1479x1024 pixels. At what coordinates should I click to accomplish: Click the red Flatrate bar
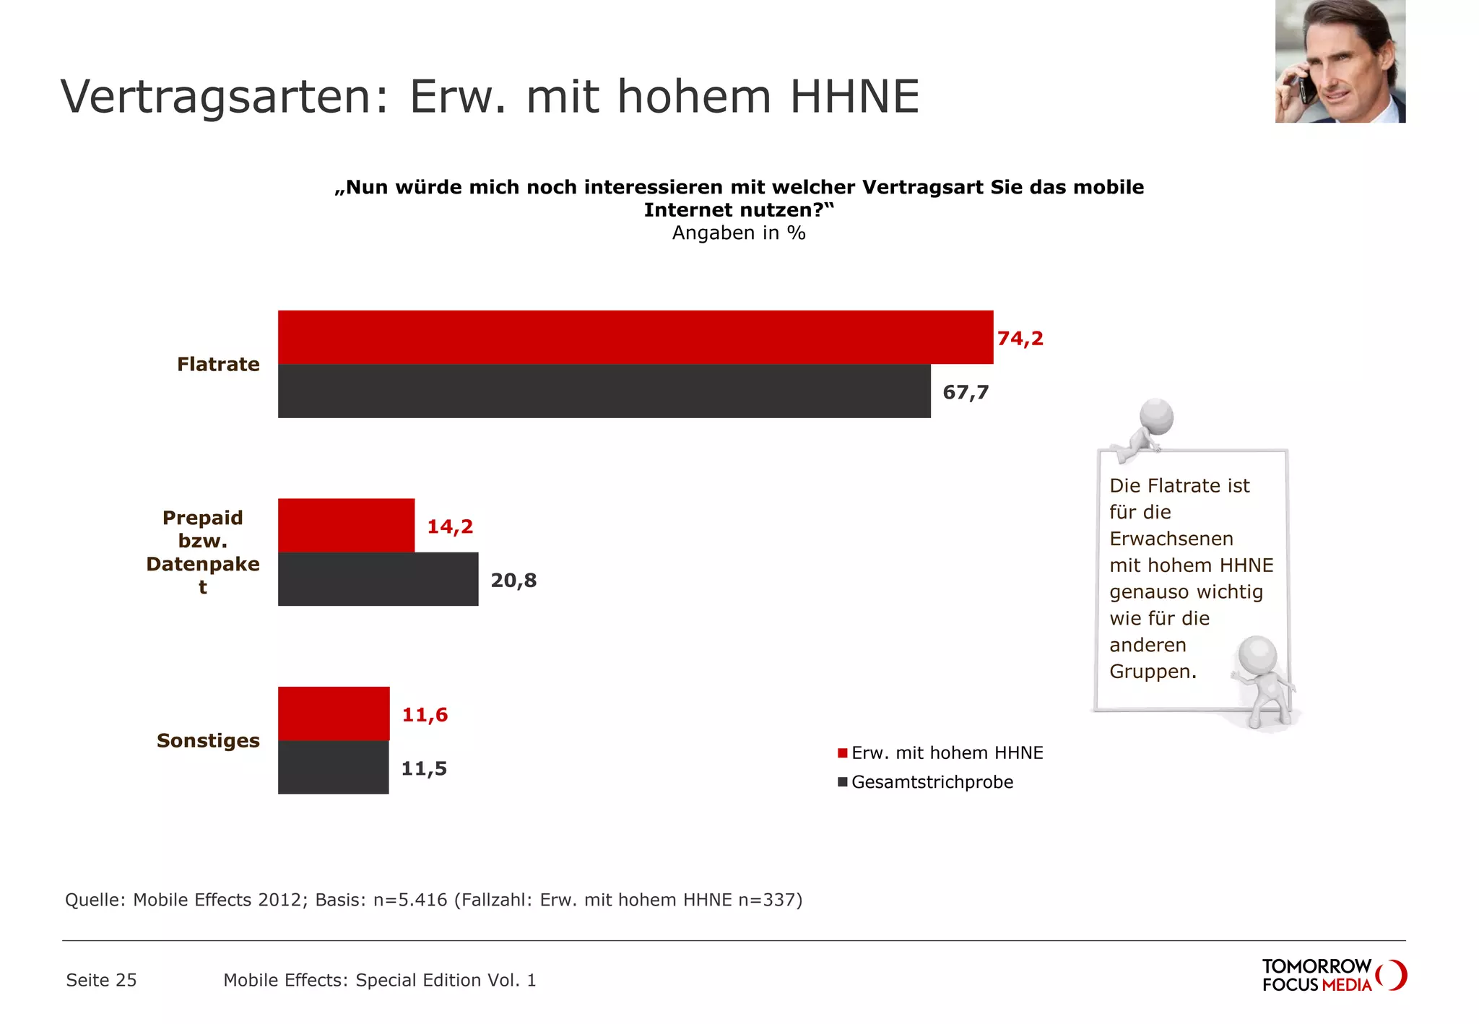tap(636, 337)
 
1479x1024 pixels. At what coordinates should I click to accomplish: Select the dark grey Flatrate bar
tap(604, 391)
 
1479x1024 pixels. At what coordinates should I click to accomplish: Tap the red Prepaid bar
tap(346, 525)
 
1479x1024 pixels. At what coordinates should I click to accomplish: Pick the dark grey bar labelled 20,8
tap(378, 579)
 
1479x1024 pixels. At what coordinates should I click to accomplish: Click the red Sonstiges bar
tap(334, 713)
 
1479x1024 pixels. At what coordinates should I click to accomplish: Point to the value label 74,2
tap(1020, 339)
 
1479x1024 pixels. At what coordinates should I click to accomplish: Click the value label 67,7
tap(966, 392)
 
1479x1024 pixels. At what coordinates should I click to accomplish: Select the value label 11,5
tap(424, 768)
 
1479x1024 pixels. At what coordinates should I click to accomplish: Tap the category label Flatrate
tap(218, 364)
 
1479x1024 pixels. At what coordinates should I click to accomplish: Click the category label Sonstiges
tap(208, 740)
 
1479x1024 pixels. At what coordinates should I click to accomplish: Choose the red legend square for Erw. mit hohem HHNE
tap(842, 753)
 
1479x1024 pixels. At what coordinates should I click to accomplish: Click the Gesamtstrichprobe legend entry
tap(932, 782)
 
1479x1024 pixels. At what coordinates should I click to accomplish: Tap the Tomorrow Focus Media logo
tap(1333, 975)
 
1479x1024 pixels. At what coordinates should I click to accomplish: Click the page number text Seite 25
tap(101, 980)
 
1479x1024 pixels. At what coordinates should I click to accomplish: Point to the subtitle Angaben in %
tap(738, 233)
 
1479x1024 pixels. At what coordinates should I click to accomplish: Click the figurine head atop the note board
tap(1156, 416)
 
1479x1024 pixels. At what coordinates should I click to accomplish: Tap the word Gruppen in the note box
tap(1151, 672)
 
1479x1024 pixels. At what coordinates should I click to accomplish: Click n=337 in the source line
tap(770, 900)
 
